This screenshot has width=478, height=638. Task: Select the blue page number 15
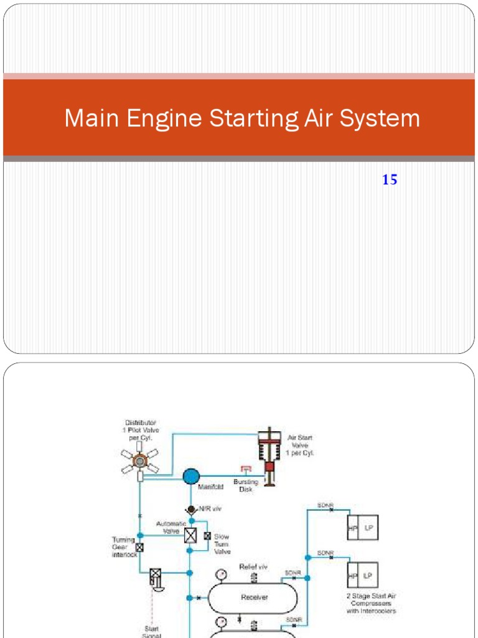390,181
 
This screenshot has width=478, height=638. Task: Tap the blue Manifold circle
191,477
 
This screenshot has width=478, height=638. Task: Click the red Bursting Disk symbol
245,469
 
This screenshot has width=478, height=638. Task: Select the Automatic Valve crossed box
190,535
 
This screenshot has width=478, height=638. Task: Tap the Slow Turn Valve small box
207,536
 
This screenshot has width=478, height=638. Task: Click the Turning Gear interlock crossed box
140,548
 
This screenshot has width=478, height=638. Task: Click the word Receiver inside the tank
254,598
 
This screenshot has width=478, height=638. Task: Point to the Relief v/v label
253,568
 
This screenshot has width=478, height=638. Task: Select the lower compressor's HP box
352,576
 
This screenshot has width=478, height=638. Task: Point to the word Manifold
210,487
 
